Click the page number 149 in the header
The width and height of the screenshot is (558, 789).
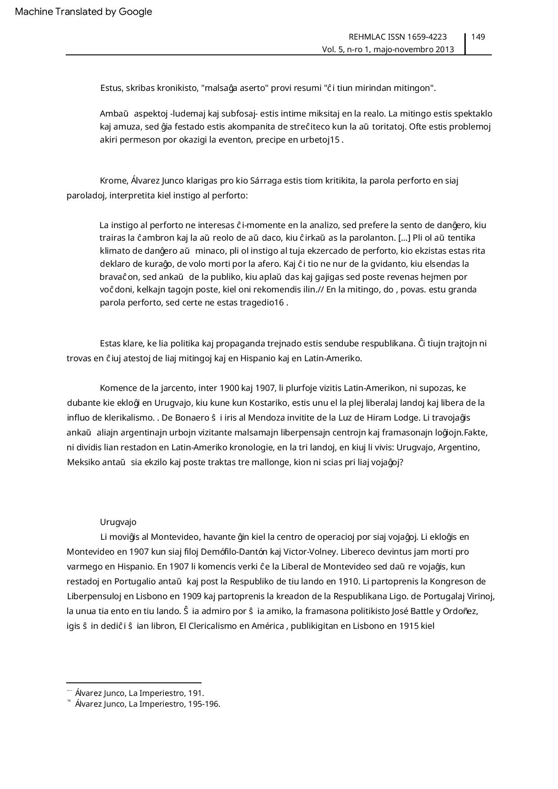478,37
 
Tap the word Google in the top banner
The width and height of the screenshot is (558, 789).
135,12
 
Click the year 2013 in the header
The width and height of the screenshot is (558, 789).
445,49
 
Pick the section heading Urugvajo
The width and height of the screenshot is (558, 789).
118,522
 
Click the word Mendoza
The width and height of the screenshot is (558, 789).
267,417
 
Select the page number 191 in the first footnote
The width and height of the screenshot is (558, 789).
195,693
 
